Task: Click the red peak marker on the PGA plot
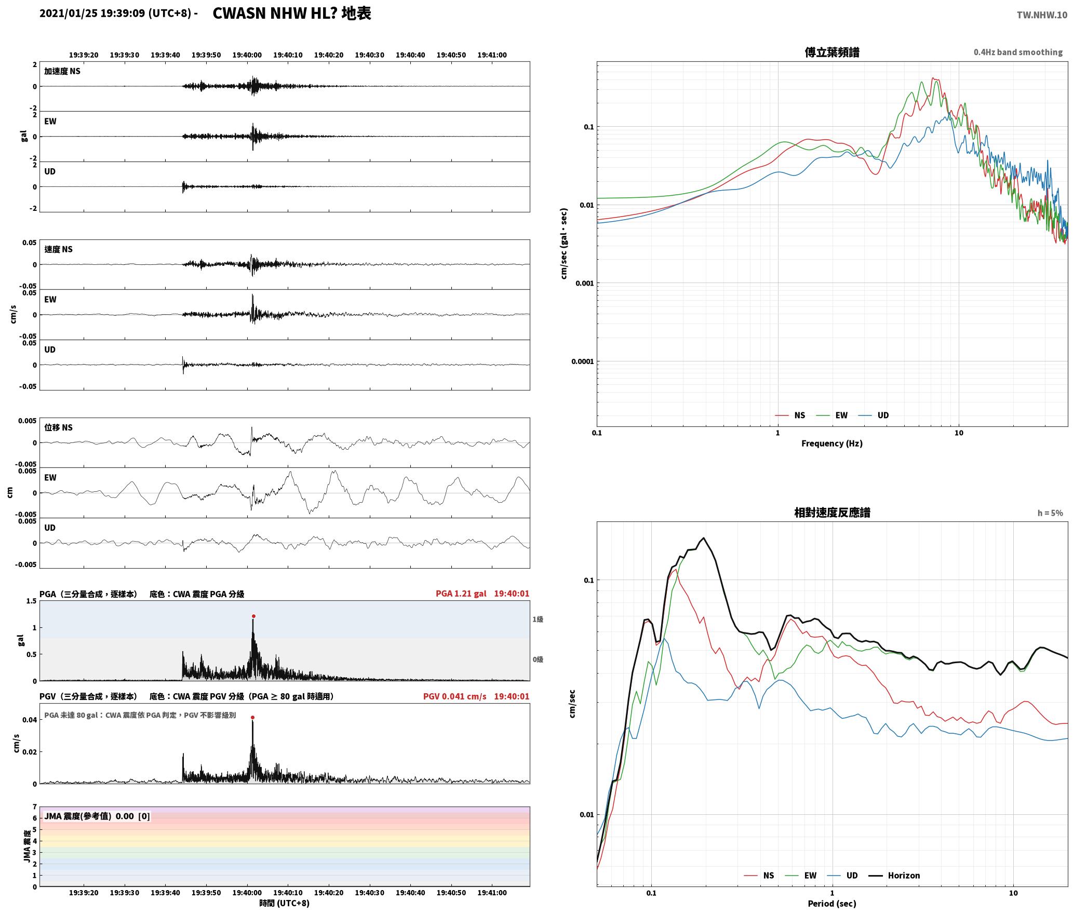coord(253,616)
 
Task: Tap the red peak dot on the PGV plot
coord(252,718)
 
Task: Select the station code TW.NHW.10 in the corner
coord(1042,15)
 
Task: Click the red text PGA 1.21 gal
coord(461,594)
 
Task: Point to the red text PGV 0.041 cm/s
coord(454,696)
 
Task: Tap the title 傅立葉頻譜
coord(831,52)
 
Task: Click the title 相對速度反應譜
coord(832,513)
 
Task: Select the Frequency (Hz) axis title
coord(831,443)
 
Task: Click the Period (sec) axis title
coord(831,904)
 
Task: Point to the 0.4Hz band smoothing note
coord(1018,52)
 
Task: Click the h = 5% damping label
coord(1050,513)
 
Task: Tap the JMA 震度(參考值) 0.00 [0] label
coord(97,816)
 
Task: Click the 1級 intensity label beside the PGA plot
coord(538,620)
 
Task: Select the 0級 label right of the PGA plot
coord(538,660)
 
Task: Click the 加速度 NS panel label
coord(62,71)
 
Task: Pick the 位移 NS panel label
coord(59,427)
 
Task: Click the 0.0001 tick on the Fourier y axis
coord(582,361)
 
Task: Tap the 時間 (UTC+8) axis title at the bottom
coord(285,904)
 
